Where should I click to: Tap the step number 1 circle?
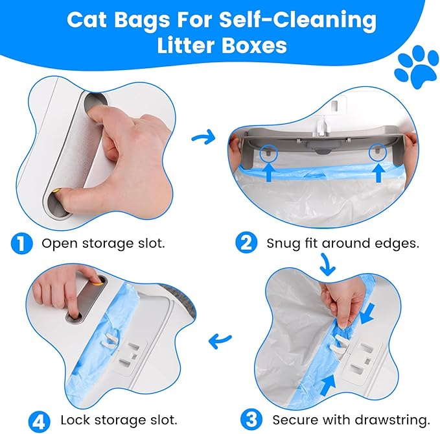click(21, 244)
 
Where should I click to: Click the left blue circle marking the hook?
click(266, 154)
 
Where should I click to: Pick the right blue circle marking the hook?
click(377, 153)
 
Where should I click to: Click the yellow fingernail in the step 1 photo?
click(58, 191)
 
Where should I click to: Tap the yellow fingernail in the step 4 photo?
click(97, 281)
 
